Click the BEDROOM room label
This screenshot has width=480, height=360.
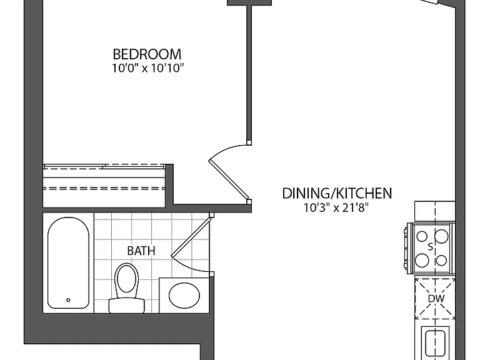pos(147,54)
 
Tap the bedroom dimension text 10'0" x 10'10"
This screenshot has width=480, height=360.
pos(147,68)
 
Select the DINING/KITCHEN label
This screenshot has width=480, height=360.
pos(337,194)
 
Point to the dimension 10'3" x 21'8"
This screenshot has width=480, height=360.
pos(336,208)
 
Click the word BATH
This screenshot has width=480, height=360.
pos(141,251)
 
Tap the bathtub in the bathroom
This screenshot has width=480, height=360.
pos(68,263)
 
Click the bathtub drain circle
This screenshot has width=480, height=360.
pos(68,300)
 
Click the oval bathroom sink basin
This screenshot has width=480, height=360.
pos(184,296)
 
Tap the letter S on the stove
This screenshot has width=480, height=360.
pos(431,247)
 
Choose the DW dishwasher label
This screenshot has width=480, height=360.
pos(436,299)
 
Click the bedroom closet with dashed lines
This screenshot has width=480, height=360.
pos(104,186)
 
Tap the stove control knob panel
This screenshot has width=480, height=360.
pos(406,248)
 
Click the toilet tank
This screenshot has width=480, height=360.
pos(126,306)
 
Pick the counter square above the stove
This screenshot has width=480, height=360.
pos(435,211)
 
